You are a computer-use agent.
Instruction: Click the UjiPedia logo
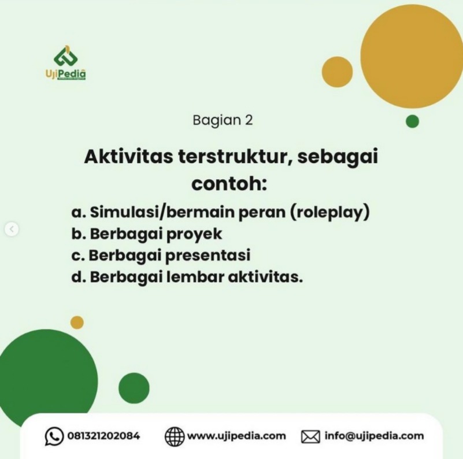tap(66, 62)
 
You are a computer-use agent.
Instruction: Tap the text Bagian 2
tap(223, 120)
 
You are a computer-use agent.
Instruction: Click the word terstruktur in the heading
tap(235, 157)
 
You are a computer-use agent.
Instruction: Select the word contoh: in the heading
tap(229, 183)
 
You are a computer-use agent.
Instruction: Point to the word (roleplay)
tap(330, 212)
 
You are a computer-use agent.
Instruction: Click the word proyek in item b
tap(194, 234)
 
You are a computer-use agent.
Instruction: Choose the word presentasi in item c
tap(208, 256)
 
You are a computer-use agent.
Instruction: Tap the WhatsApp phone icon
tap(54, 436)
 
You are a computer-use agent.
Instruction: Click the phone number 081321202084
tap(103, 436)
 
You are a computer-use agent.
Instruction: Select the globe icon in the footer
tap(174, 436)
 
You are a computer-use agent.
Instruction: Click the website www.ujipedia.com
tap(236, 436)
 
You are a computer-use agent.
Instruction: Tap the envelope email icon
tap(310, 437)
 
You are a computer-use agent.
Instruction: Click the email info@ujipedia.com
tap(374, 436)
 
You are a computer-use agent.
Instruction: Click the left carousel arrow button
tap(12, 229)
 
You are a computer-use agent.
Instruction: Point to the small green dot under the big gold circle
tap(413, 121)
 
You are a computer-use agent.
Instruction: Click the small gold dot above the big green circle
tap(77, 322)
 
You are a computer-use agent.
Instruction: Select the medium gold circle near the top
tap(337, 72)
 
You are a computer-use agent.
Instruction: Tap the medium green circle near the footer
tap(134, 388)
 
